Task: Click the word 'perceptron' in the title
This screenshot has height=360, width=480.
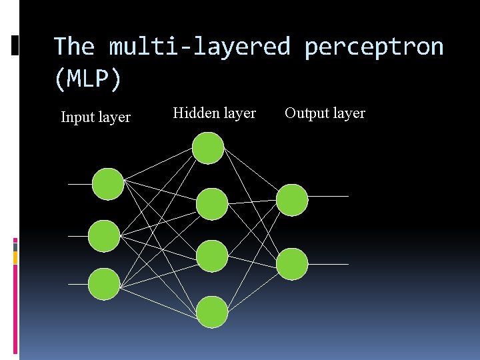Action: tap(373, 47)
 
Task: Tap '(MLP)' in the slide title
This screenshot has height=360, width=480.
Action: tap(87, 79)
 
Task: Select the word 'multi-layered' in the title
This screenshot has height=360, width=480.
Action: tap(200, 47)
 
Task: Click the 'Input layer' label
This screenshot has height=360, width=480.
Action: tap(95, 118)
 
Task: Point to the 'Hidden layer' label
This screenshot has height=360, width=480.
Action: tap(214, 113)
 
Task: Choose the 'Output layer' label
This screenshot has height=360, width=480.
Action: tap(325, 113)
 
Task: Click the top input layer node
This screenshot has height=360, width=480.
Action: tap(107, 184)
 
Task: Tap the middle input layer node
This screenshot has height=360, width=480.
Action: tap(104, 235)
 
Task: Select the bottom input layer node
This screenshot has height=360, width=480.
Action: tap(104, 283)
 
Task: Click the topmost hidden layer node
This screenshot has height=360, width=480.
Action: tap(208, 148)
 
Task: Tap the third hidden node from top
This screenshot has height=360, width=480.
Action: tap(212, 256)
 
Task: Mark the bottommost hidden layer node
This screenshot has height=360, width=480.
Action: tap(212, 312)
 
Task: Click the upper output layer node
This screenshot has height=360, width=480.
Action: tap(292, 200)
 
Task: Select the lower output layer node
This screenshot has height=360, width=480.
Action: tap(292, 264)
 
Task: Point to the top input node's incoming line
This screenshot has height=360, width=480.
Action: tap(79, 184)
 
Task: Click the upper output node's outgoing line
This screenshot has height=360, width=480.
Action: tap(328, 197)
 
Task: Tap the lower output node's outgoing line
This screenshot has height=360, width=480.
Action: tap(328, 264)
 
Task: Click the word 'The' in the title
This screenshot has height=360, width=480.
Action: tap(74, 47)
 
